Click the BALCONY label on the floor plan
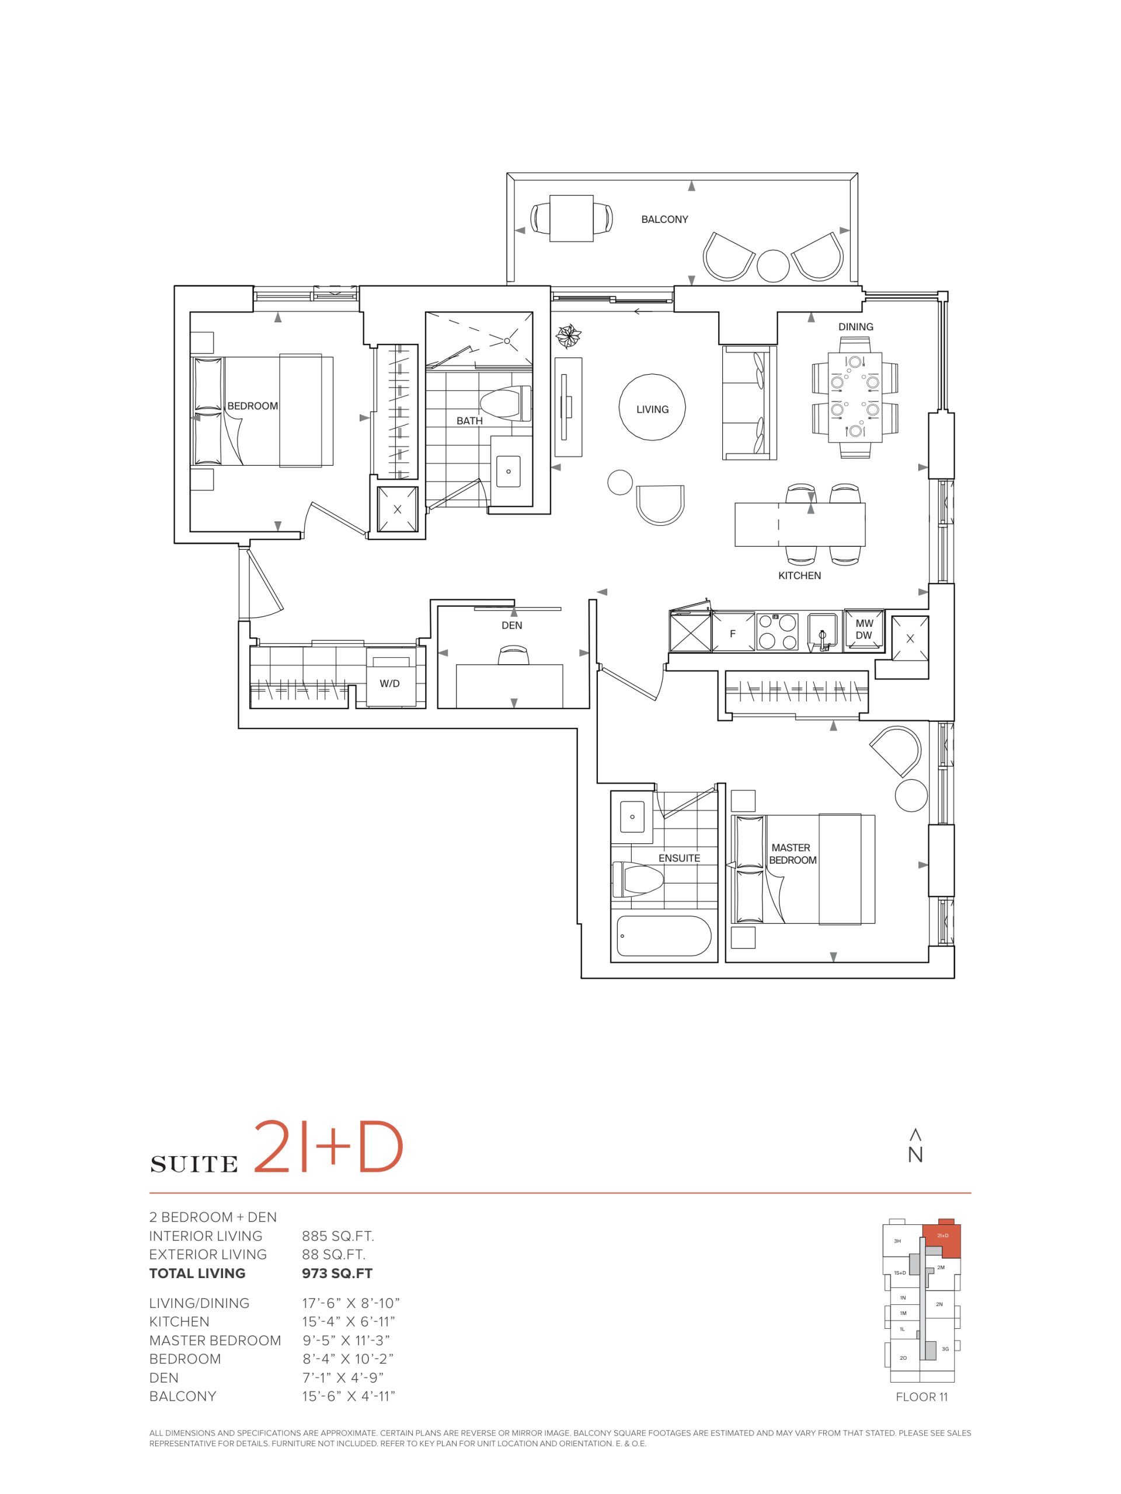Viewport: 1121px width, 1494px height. [664, 219]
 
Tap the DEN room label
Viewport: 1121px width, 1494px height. [511, 626]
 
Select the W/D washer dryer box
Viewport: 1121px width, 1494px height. [390, 678]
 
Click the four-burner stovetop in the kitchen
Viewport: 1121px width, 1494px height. [777, 631]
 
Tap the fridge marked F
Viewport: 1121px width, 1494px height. [733, 631]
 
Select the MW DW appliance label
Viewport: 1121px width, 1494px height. [864, 630]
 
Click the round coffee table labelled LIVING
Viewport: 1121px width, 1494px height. [652, 408]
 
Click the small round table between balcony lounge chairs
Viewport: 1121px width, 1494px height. [773, 266]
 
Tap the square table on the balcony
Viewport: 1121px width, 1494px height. [571, 218]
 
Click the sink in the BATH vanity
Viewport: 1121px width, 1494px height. [508, 471]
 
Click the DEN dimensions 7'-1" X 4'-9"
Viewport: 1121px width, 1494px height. [348, 1377]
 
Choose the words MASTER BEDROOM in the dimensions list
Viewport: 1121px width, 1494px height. [215, 1340]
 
